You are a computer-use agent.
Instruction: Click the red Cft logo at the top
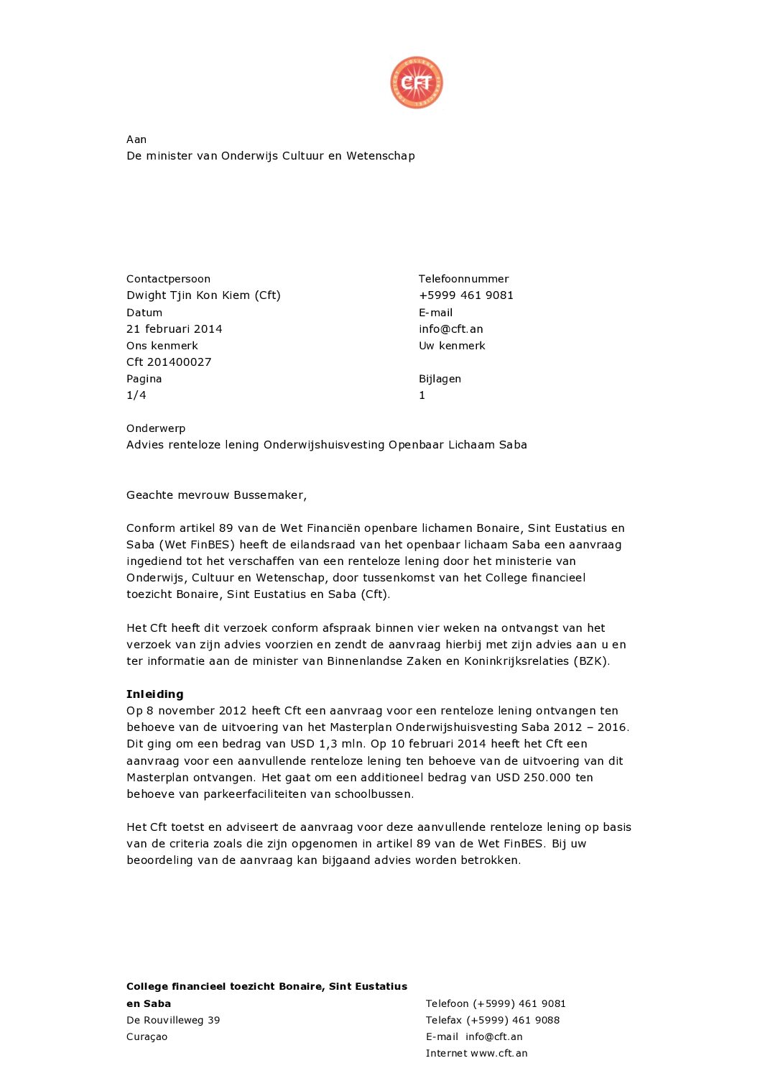[x=417, y=83]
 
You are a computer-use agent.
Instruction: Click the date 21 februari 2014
[x=175, y=329]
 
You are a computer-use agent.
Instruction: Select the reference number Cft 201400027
[x=169, y=362]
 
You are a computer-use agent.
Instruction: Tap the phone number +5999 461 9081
[x=466, y=295]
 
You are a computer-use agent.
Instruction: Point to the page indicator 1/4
[x=136, y=395]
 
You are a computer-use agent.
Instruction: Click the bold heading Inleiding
[x=155, y=694]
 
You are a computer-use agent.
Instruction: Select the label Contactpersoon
[x=169, y=279]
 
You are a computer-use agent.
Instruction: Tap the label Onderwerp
[x=156, y=428]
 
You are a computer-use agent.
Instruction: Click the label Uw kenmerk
[x=452, y=346]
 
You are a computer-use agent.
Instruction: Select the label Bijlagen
[x=440, y=379]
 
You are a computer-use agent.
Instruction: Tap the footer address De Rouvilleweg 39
[x=173, y=1021]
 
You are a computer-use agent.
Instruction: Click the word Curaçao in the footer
[x=147, y=1037]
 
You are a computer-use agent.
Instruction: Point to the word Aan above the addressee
[x=136, y=139]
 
